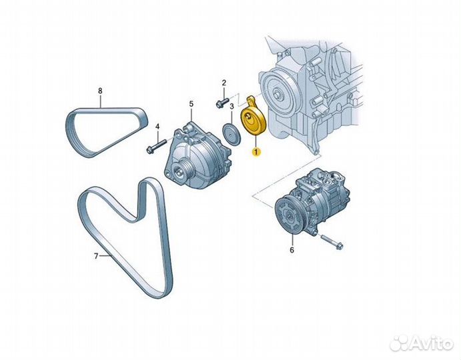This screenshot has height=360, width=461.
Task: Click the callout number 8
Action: [x=100, y=89]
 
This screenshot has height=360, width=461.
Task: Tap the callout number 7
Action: [x=95, y=256]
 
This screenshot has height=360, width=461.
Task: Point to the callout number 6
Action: [x=291, y=251]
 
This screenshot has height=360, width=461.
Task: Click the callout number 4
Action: [x=157, y=126]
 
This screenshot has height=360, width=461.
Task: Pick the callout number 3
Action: [x=231, y=107]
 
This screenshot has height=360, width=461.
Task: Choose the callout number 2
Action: [x=224, y=83]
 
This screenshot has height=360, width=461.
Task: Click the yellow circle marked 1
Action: [x=256, y=152]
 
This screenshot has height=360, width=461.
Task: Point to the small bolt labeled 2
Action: [x=221, y=103]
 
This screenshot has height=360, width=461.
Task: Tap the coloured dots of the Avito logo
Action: [x=400, y=342]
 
